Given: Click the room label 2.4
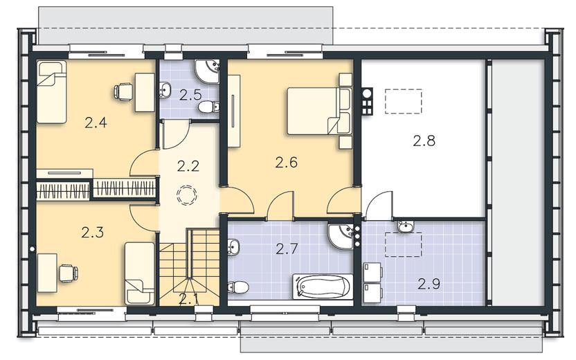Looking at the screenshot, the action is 96,123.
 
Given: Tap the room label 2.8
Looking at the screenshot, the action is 424,141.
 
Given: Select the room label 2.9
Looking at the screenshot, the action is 429,284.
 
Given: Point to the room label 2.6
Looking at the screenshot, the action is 286,162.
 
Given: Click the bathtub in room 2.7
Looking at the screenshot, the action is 323,286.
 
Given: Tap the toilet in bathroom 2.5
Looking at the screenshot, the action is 208,107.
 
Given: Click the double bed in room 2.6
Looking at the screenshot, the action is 319,111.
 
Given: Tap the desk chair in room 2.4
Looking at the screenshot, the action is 124,92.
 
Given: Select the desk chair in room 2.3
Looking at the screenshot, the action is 69,273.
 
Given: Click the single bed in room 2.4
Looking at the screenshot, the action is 51,92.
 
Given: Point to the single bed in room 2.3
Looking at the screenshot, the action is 140,273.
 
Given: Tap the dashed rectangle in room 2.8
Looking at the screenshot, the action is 404,101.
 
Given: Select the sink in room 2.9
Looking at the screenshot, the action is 406,226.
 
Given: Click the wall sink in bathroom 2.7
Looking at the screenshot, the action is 233,246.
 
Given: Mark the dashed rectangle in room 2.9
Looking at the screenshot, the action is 403,244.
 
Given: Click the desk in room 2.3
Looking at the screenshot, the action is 47,273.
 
